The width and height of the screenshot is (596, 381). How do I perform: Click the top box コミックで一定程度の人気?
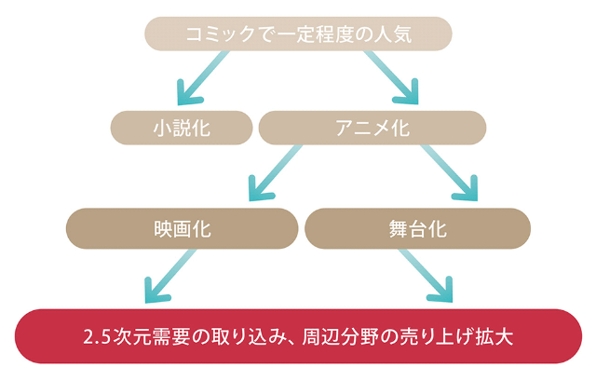(297, 34)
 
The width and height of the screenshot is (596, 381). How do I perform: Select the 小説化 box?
(182, 128)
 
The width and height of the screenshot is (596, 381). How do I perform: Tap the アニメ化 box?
(372, 128)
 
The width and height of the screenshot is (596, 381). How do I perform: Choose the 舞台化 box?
(417, 226)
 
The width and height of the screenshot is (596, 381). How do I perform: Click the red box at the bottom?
(297, 335)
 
